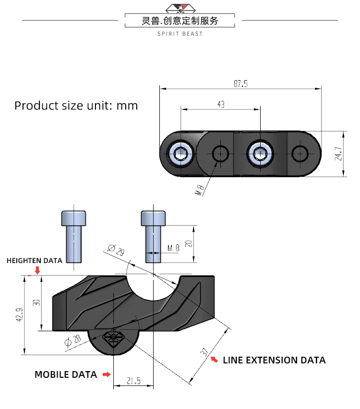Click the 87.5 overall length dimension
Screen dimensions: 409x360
coord(240,84)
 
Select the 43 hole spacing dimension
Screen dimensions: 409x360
coord(221,104)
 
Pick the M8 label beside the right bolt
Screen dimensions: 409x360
coord(173,248)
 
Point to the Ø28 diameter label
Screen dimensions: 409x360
coord(72,341)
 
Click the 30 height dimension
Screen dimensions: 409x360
coord(36,303)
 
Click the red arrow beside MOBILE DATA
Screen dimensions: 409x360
coord(107,374)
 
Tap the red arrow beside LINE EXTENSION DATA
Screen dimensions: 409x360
coord(215,359)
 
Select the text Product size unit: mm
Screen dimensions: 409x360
coord(76,106)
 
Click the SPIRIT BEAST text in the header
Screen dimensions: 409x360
coord(180,34)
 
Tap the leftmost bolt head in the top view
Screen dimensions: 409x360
coord(181,154)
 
